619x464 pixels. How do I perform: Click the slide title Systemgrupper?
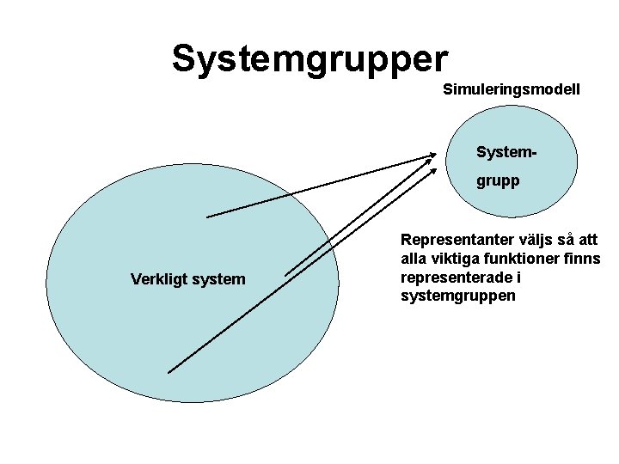coord(309,59)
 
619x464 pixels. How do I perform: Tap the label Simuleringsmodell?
coord(512,89)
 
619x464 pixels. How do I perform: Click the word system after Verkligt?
coord(215,279)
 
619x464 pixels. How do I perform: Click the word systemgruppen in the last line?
coord(458,296)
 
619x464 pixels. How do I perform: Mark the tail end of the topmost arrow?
coord(208,217)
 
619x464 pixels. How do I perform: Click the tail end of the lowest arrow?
coord(169,372)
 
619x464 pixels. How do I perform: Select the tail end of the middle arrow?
coord(286,275)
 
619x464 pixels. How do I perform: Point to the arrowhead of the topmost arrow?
coord(434,156)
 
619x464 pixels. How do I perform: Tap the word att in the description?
coord(587,240)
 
